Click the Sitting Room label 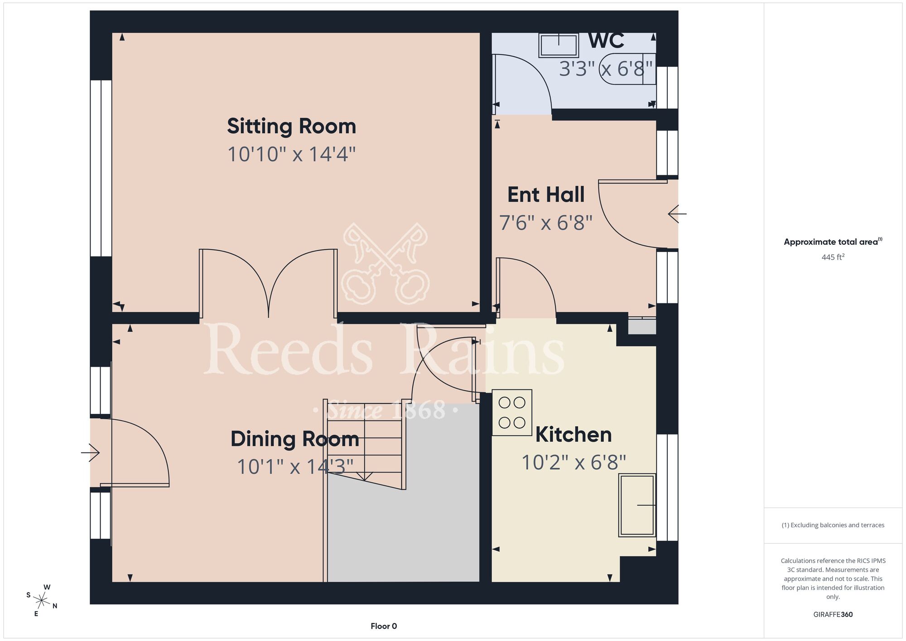point(291,126)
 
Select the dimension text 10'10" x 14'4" point(291,154)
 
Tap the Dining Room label point(295,439)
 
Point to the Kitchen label point(573,435)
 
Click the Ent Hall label point(546,195)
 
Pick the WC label point(606,41)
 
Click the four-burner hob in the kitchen point(512,413)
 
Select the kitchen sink point(637,505)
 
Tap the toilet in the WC point(628,69)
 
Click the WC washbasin point(559,45)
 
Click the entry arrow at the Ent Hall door point(677,214)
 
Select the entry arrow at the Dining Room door point(90,452)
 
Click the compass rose point(42,601)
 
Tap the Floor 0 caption point(384,626)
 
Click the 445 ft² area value point(833,257)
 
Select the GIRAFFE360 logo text point(833,615)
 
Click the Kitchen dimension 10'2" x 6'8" point(573,463)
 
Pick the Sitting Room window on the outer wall point(101,168)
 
